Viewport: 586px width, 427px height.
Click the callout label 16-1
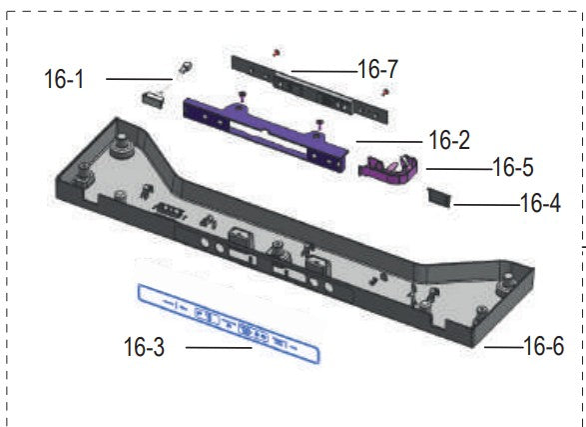click(64, 79)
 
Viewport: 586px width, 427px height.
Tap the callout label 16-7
click(377, 69)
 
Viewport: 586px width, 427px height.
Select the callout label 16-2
click(449, 140)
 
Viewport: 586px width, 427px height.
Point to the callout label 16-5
click(513, 167)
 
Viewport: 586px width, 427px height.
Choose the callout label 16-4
click(540, 204)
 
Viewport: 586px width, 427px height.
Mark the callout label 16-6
click(544, 346)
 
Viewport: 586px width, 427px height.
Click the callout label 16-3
click(144, 347)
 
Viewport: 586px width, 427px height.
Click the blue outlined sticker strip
click(229, 324)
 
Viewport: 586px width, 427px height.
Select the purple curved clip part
click(388, 170)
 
